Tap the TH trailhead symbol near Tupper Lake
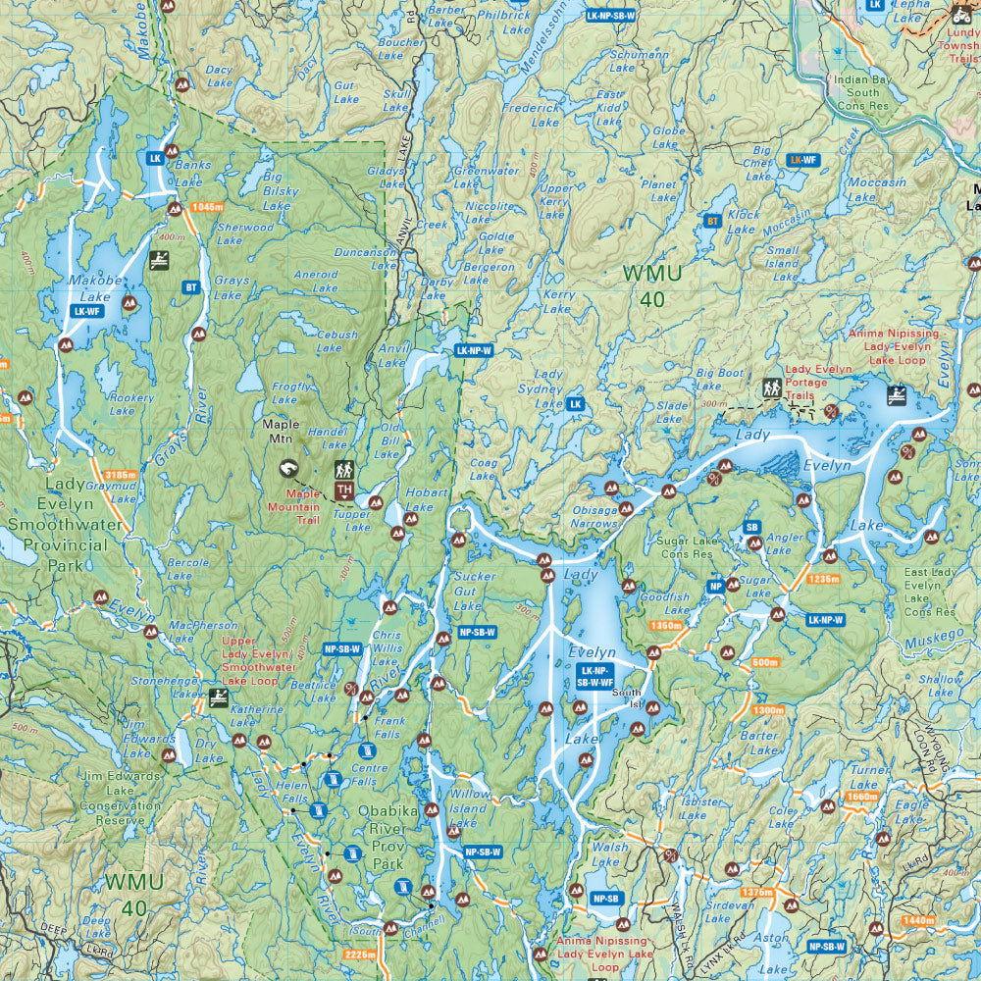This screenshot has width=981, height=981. click(x=343, y=490)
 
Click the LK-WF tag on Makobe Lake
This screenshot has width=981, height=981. click(x=86, y=311)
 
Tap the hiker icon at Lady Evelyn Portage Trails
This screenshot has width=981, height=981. click(x=770, y=388)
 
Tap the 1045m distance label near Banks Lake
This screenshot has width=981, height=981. click(x=209, y=207)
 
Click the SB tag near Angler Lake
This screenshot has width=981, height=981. click(x=752, y=528)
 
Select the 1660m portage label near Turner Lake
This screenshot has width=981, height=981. click(x=859, y=797)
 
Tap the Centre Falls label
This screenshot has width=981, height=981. click(x=362, y=775)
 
